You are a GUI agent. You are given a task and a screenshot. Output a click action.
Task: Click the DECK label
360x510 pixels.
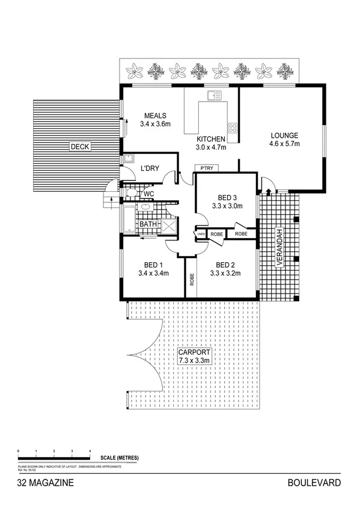(79, 146)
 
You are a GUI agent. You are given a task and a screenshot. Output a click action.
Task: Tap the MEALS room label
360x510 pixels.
(155, 116)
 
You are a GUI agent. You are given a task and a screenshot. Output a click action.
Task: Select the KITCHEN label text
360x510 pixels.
(210, 138)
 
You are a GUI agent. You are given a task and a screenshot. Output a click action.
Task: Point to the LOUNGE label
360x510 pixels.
(284, 135)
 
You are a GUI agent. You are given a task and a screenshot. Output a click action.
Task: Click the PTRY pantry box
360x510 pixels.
(206, 168)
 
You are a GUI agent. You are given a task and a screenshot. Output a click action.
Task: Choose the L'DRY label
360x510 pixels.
(149, 168)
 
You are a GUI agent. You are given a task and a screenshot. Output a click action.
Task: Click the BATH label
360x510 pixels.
(148, 224)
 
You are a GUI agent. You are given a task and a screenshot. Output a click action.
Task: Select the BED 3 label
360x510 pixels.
(227, 197)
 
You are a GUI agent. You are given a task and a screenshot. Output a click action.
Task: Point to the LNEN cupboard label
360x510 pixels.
(200, 233)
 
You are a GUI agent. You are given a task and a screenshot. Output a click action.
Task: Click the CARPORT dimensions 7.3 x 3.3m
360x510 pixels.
(194, 360)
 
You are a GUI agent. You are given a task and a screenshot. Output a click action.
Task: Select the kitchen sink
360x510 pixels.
(214, 95)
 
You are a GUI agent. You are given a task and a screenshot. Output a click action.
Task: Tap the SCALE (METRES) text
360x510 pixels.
(120, 458)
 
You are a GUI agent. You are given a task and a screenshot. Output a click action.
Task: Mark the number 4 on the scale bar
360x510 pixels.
(90, 450)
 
